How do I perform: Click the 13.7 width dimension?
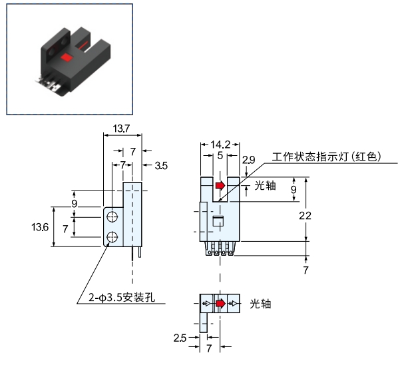coord(121,129)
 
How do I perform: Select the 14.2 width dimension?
coord(220,145)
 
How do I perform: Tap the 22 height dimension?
coord(305,216)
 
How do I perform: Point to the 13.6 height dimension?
coord(40,227)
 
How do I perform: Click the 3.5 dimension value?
coord(161,166)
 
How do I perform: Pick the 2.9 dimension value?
coord(248,160)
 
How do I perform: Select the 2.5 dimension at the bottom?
coord(180,338)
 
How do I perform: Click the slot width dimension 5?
coord(220,155)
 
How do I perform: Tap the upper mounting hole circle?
coord(112,217)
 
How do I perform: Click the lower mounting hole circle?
coord(112,237)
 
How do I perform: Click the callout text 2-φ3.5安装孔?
coord(122,298)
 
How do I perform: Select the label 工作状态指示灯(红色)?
coord(327,157)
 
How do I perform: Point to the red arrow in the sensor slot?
coord(220,185)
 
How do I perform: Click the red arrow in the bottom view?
coord(221,304)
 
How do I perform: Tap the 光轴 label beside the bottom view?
coord(260,304)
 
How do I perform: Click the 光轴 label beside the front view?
coord(266,186)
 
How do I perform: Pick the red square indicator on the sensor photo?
coord(67,57)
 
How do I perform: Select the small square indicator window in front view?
coord(218,221)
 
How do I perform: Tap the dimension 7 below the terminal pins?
coord(306,270)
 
